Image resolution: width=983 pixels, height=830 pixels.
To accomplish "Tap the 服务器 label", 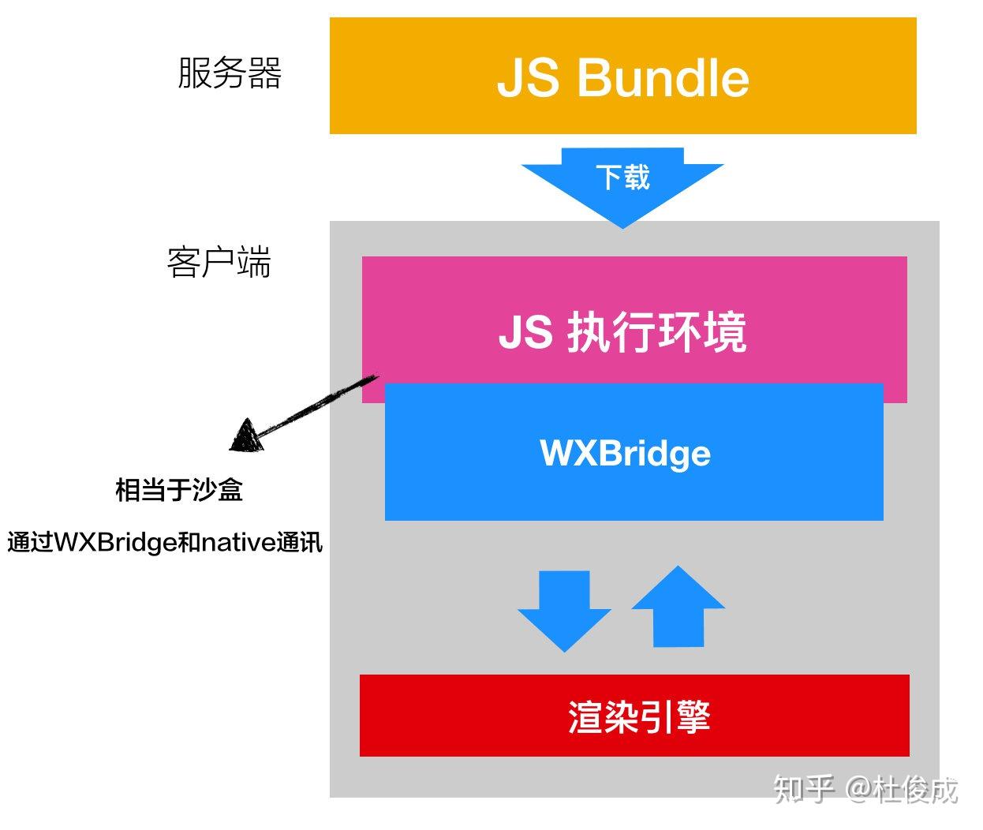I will click(229, 73).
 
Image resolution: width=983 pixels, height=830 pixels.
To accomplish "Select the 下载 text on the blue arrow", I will click(622, 177).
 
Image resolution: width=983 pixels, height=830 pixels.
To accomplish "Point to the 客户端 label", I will click(219, 262).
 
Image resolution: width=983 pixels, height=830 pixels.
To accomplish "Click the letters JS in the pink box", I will click(525, 332).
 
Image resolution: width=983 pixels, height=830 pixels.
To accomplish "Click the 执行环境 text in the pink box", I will click(656, 332).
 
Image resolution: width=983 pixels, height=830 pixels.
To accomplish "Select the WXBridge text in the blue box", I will click(625, 454).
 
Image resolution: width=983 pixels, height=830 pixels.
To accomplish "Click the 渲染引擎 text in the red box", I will click(638, 717).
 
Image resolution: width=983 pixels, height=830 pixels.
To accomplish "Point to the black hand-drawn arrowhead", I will click(247, 436).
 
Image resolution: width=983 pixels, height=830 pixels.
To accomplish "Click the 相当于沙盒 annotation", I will click(179, 490).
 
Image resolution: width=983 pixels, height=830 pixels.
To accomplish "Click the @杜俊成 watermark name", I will click(902, 788).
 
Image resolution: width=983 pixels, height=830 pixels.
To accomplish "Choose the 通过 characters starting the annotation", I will click(30, 543).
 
